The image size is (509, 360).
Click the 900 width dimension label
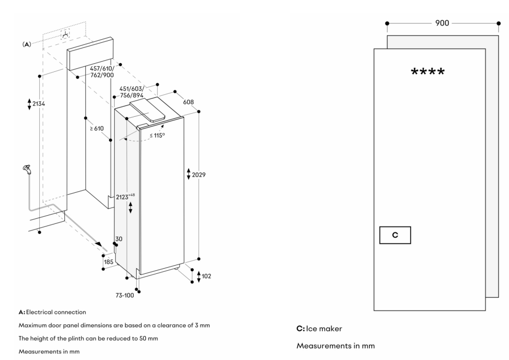pyautogui.click(x=442, y=23)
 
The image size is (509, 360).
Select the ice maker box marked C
pyautogui.click(x=395, y=235)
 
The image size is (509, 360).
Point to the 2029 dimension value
pyautogui.click(x=198, y=175)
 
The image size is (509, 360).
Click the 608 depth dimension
pyautogui.click(x=188, y=102)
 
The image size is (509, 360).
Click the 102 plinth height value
pyautogui.click(x=206, y=276)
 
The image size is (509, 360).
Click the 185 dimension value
pyautogui.click(x=108, y=262)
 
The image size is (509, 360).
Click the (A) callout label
pyautogui.click(x=27, y=45)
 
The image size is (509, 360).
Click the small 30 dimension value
pyautogui.click(x=118, y=239)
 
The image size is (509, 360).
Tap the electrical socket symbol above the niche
pyautogui.click(x=65, y=35)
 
